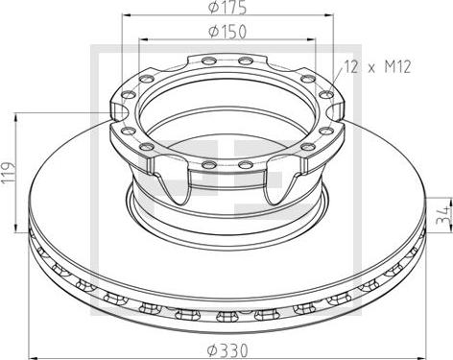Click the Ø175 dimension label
[227, 8]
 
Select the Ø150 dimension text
[227, 32]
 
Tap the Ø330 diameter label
[227, 350]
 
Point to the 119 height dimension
[9, 173]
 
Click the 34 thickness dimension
[444, 215]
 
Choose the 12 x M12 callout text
[378, 67]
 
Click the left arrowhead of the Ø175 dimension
[128, 14]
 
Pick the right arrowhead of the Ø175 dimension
[329, 14]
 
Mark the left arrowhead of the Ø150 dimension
[143, 39]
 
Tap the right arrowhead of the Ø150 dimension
[311, 39]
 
